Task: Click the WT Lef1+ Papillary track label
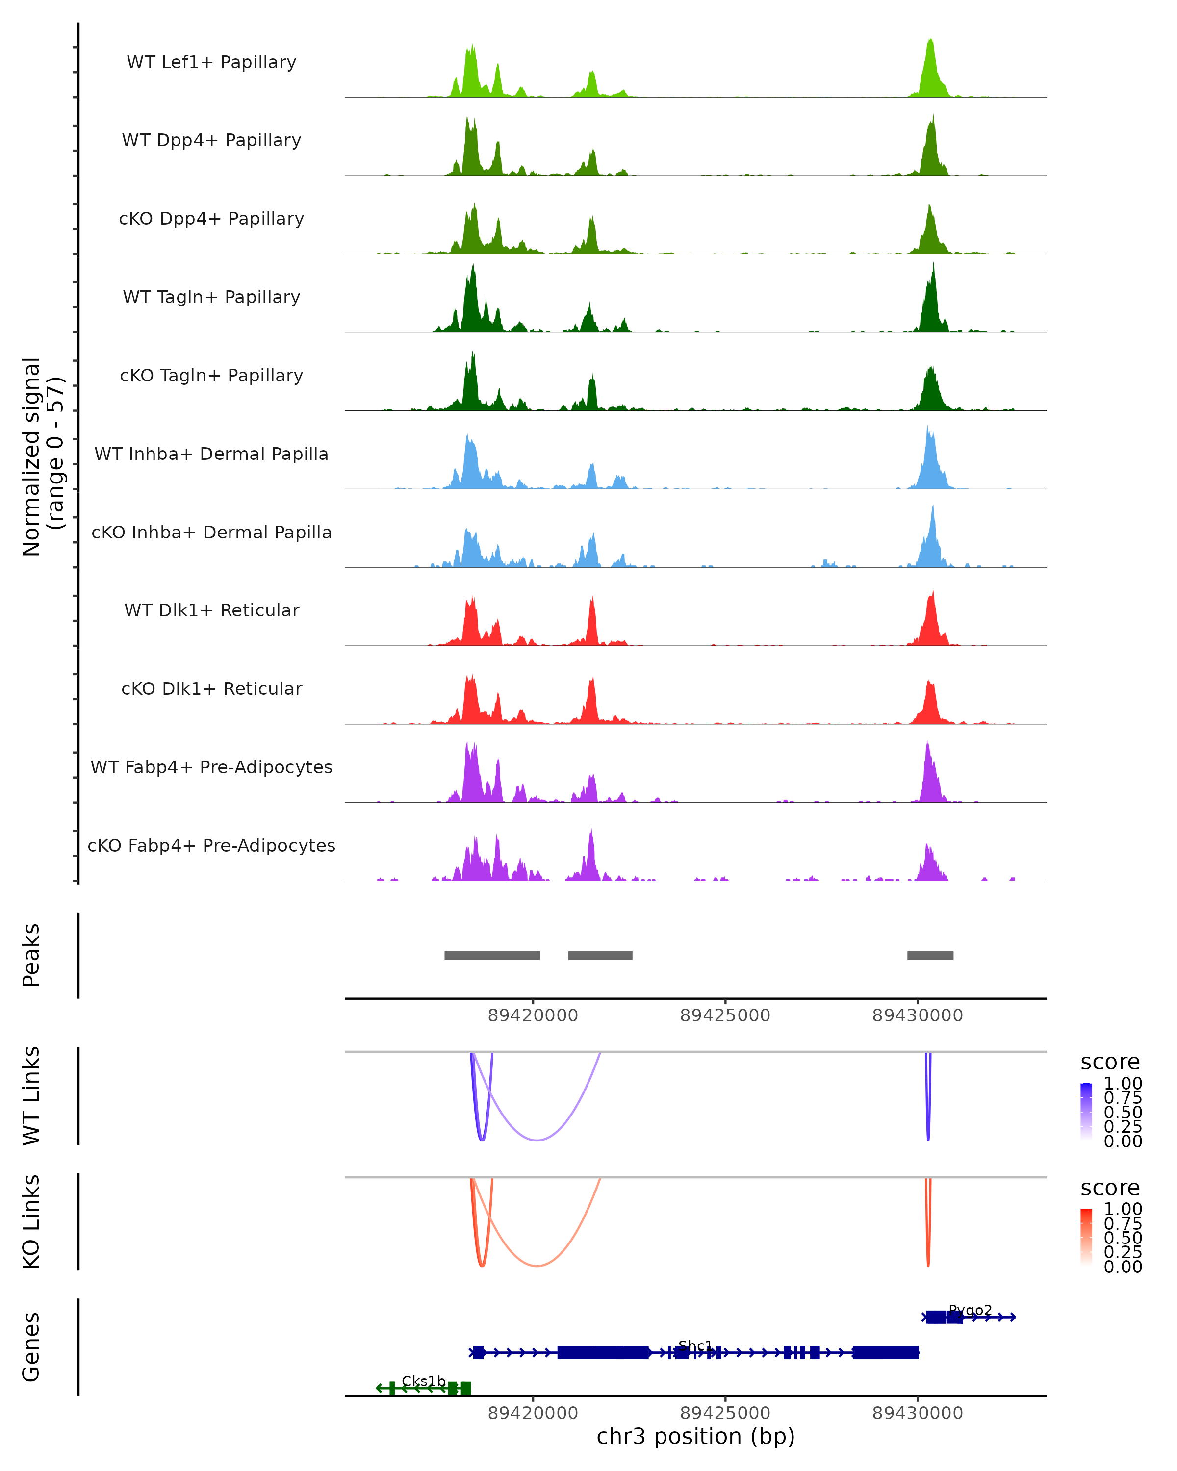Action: point(211,62)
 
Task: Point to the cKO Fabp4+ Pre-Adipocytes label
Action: point(211,845)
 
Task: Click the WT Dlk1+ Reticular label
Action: point(211,610)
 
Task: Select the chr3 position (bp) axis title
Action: point(695,1436)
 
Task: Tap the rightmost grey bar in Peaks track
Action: point(930,955)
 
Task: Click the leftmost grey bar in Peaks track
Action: point(492,955)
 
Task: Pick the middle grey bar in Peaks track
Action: point(600,955)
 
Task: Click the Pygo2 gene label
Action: point(970,1310)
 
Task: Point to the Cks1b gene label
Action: point(423,1381)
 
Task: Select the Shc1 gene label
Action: point(695,1345)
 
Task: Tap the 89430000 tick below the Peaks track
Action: point(918,1015)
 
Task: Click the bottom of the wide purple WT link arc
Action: point(537,1140)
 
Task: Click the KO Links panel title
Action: point(31,1221)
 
